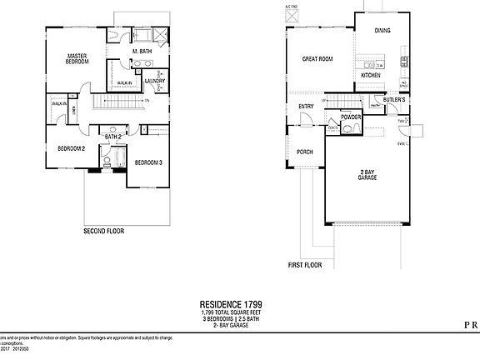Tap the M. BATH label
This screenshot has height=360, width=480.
pos(141,52)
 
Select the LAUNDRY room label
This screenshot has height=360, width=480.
pos(155,81)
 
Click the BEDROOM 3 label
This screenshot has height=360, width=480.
pos(147,162)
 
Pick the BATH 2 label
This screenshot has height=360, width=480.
pos(112,136)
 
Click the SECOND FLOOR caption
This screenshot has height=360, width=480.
pos(103,231)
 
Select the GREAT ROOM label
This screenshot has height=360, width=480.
pos(317,58)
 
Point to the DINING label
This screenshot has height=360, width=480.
pos(382,30)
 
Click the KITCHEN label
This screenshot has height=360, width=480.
pos(371,76)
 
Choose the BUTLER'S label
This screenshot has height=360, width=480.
pos(394,100)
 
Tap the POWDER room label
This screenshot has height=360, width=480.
pos(351,117)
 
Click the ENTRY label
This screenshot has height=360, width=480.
pos(306,106)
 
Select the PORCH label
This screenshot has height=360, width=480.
pos(305,152)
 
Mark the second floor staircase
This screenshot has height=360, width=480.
pos(117,102)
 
